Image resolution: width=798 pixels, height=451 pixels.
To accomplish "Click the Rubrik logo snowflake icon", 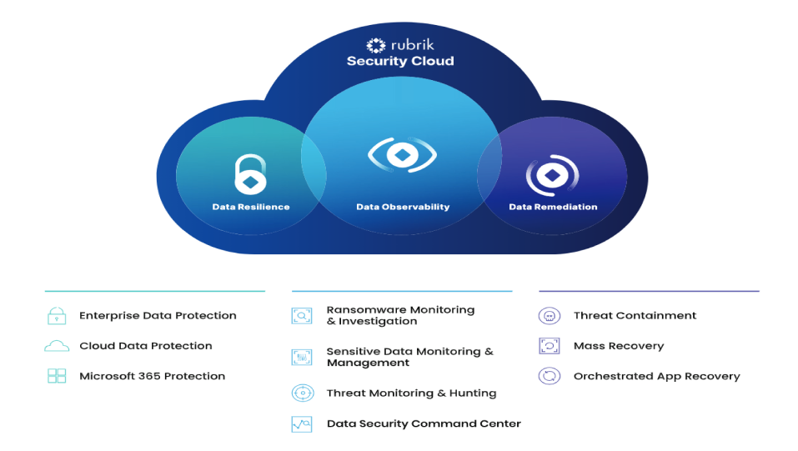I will coord(376,46).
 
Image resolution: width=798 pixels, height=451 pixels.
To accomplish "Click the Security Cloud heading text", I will coord(400,62).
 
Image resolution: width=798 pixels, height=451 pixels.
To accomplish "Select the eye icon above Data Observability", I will coord(402,156).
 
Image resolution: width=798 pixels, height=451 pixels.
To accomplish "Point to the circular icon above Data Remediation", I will coord(552,176).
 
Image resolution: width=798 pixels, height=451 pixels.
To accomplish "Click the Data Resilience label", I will coord(251,207).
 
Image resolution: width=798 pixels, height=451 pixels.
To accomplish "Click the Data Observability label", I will coord(403,207).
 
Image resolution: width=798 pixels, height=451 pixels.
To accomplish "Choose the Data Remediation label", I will coord(553,207).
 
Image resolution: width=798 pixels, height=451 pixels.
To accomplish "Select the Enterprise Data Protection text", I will coord(158,316).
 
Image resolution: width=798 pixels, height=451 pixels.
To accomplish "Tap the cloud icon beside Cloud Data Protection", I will coord(57,346).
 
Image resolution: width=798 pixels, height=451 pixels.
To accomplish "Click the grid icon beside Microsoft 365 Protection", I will coord(57,376).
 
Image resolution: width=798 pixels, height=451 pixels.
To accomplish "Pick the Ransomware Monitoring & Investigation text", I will coord(400,316).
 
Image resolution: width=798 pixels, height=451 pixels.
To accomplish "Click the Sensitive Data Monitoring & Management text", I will coord(409,358).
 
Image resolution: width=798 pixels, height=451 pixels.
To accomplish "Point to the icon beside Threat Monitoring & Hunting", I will coord(301,393).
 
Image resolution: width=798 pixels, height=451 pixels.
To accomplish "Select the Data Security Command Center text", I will coord(424,424).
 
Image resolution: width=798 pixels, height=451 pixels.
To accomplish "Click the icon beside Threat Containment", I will coord(549,316).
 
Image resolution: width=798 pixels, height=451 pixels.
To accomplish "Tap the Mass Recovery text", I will coord(619,346).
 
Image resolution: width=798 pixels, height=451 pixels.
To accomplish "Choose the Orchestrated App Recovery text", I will coord(656,376).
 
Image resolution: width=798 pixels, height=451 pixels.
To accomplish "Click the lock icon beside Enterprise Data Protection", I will coord(57,316).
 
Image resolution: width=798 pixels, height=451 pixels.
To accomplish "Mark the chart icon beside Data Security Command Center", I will coord(301,424).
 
